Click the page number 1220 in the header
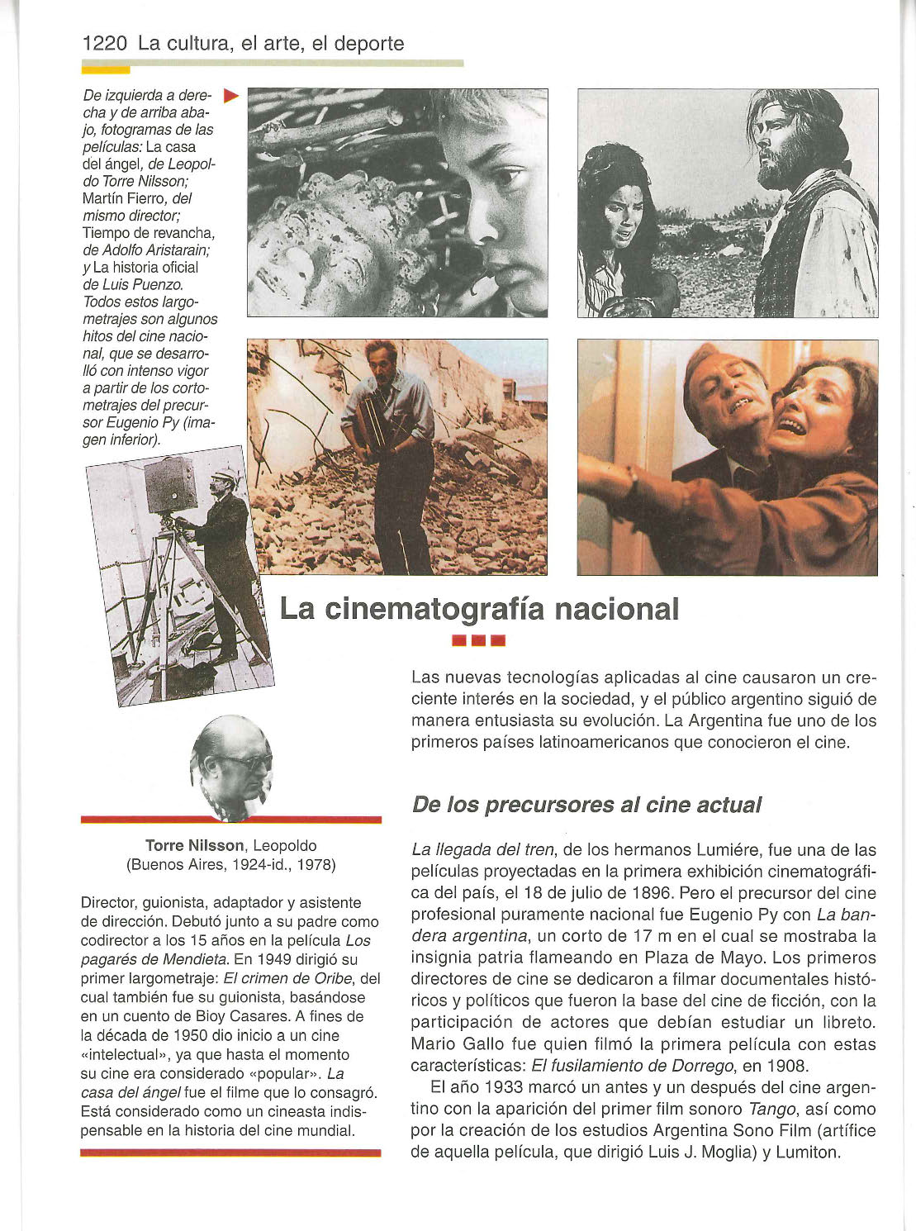[105, 44]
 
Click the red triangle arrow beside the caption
[231, 97]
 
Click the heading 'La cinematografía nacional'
[479, 610]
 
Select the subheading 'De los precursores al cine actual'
[586, 805]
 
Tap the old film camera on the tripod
[170, 486]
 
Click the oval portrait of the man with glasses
[231, 768]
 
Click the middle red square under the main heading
[479, 640]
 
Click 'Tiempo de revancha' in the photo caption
[148, 233]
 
